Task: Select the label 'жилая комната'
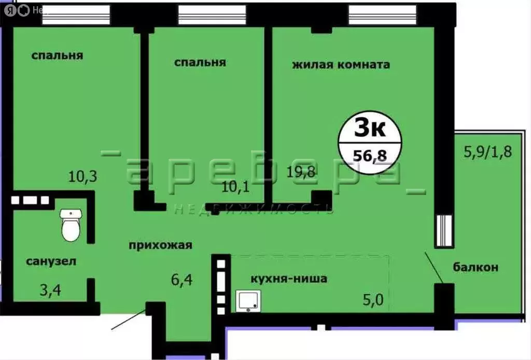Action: (x=341, y=65)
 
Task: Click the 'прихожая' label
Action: (x=161, y=245)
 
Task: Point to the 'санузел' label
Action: (x=51, y=261)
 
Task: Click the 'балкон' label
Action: (x=476, y=267)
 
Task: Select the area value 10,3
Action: (x=83, y=177)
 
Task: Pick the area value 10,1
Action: (x=236, y=187)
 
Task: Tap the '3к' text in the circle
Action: (x=370, y=128)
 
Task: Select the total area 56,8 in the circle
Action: (x=370, y=154)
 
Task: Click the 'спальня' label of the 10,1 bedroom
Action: (x=200, y=62)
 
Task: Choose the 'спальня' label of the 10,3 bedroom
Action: (x=57, y=56)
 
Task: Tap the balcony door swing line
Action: (x=434, y=267)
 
